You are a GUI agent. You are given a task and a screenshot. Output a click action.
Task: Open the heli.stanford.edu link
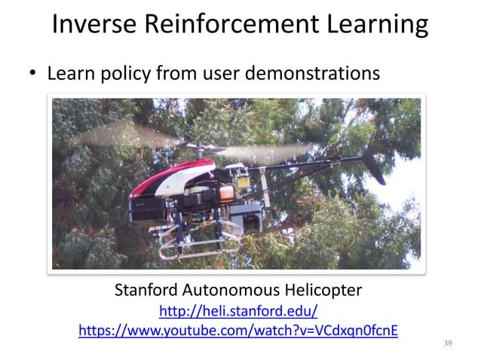tap(238, 311)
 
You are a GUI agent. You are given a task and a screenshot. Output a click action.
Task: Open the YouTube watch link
tap(238, 331)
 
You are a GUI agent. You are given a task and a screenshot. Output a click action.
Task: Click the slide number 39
tap(448, 343)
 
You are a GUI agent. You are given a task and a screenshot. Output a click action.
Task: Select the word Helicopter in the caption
tap(320, 290)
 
